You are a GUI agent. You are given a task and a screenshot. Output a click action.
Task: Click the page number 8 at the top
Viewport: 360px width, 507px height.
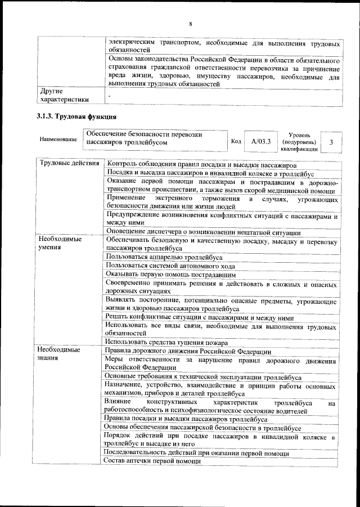coord(191,24)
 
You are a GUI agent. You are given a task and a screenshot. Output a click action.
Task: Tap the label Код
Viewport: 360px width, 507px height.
coord(236,141)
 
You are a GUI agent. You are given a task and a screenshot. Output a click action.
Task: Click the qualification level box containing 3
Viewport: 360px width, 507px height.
coord(331,142)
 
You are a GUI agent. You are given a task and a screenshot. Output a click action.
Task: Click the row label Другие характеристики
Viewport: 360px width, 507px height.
coord(62,95)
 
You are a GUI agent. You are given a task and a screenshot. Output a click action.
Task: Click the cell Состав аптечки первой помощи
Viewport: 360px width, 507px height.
coord(153,460)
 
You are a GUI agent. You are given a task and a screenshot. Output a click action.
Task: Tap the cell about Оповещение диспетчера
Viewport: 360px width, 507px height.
coord(202,232)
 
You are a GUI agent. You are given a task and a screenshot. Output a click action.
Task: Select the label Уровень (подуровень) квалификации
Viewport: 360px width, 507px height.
coord(301,142)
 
